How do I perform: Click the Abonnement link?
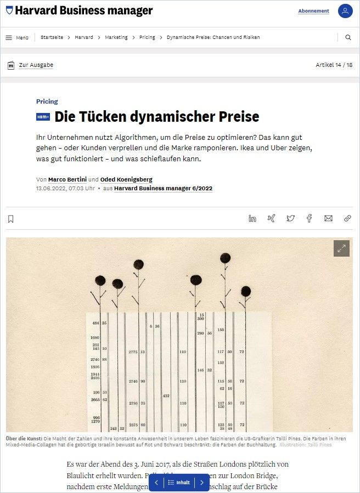pyautogui.click(x=313, y=11)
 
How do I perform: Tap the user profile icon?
pyautogui.click(x=345, y=11)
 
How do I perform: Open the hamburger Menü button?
pyautogui.click(x=17, y=37)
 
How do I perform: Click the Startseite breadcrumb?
pyautogui.click(x=52, y=37)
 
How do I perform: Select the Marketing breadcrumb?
pyautogui.click(x=116, y=37)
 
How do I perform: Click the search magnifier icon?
pyautogui.click(x=348, y=37)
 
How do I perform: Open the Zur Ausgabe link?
pyautogui.click(x=36, y=65)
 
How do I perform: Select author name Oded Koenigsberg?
pyautogui.click(x=127, y=179)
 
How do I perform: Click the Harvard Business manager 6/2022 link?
pyautogui.click(x=163, y=188)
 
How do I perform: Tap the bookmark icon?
pyautogui.click(x=10, y=219)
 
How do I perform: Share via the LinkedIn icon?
pyautogui.click(x=252, y=218)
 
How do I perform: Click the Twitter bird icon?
pyautogui.click(x=290, y=218)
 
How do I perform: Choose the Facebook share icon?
pyautogui.click(x=309, y=218)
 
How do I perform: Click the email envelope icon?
pyautogui.click(x=328, y=218)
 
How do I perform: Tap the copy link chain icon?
pyautogui.click(x=347, y=218)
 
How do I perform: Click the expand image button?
pyautogui.click(x=341, y=248)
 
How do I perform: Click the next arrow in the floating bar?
pyautogui.click(x=201, y=483)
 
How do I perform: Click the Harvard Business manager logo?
pyautogui.click(x=79, y=10)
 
